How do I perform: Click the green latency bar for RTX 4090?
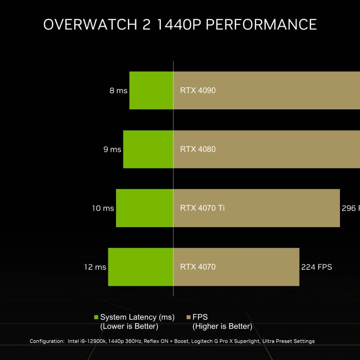click(x=151, y=90)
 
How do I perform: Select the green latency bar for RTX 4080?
click(x=148, y=149)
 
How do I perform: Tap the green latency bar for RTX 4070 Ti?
click(x=144, y=208)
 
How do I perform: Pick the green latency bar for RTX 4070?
click(x=141, y=267)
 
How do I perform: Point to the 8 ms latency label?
click(x=118, y=91)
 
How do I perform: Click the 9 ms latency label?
click(x=112, y=149)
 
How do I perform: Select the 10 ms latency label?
click(x=103, y=208)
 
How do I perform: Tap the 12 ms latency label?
click(x=95, y=267)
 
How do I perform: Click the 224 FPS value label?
click(x=316, y=267)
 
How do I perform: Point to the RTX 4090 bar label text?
click(x=198, y=90)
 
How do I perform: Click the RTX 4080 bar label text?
click(x=198, y=149)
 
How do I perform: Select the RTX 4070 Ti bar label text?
click(x=202, y=208)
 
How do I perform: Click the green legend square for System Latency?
click(x=96, y=317)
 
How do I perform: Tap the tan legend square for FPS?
click(x=188, y=317)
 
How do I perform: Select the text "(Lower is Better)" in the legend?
click(x=129, y=326)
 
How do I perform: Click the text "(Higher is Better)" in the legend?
click(x=222, y=326)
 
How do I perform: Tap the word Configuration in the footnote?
click(x=47, y=341)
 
